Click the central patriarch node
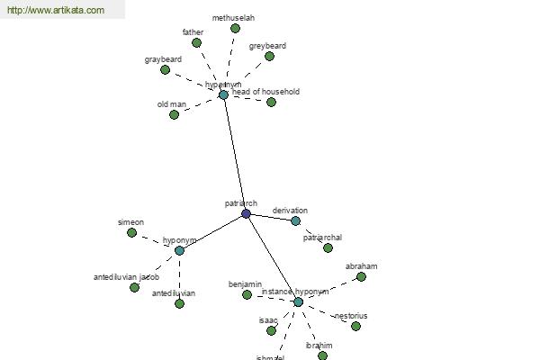[246, 213]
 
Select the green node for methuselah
[235, 28]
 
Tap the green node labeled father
[196, 42]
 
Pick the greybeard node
[269, 56]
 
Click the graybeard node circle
[165, 69]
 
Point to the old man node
[174, 114]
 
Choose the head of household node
[271, 102]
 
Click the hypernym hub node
[223, 94]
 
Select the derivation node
[295, 220]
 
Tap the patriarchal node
[328, 247]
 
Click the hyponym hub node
[179, 250]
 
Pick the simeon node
[131, 232]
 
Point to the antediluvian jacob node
[134, 287]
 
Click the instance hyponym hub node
[298, 301]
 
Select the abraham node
[361, 276]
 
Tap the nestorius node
[355, 326]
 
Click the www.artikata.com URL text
[55, 11]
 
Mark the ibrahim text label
[319, 346]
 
